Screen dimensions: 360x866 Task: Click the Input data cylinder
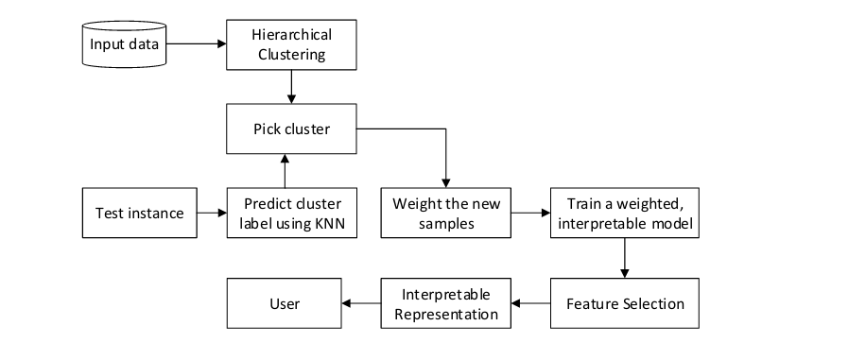point(124,43)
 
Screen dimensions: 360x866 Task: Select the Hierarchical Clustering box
point(292,43)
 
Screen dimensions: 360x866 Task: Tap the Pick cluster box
point(292,129)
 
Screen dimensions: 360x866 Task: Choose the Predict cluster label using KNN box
point(292,213)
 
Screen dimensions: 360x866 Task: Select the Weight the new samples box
point(445,213)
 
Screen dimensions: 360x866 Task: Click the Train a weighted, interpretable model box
point(624,213)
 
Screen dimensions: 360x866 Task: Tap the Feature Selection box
point(624,303)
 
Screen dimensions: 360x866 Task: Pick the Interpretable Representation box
point(445,303)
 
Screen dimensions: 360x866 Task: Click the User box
point(284,303)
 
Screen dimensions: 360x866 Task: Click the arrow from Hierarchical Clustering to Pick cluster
point(292,87)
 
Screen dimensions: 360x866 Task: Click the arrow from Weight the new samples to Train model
point(530,213)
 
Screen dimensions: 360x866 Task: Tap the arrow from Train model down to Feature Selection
point(624,257)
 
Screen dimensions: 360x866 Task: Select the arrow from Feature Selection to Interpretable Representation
point(530,303)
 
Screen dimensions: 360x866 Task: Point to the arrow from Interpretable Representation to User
point(360,303)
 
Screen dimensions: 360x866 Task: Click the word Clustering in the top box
point(292,54)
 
